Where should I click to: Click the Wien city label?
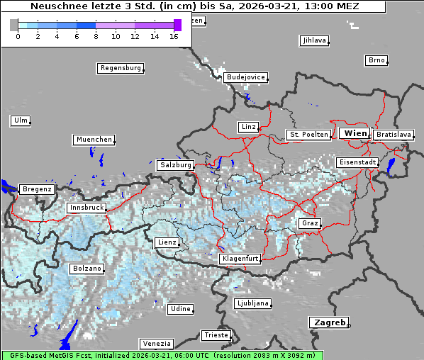[355, 133]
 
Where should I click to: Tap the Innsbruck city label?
[87, 208]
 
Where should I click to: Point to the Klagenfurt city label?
[240, 259]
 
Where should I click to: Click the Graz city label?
[310, 223]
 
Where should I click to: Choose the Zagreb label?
[328, 322]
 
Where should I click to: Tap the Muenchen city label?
[94, 140]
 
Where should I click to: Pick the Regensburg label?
[120, 68]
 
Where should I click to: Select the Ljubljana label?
[252, 303]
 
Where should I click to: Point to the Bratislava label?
[393, 134]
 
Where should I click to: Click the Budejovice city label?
[245, 77]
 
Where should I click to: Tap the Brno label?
[376, 60]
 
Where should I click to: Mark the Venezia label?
[155, 343]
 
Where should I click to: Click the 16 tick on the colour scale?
[173, 36]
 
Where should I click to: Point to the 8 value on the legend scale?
[96, 36]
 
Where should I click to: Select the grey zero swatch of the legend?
[14, 25]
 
